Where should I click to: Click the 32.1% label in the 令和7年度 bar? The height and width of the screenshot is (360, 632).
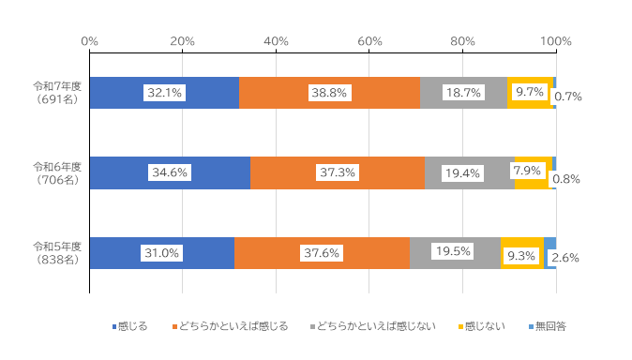[x=164, y=93]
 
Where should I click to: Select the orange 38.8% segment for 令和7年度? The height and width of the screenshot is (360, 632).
[x=281, y=93]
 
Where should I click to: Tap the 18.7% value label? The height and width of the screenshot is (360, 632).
[x=463, y=93]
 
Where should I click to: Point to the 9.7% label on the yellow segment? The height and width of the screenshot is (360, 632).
[x=530, y=92]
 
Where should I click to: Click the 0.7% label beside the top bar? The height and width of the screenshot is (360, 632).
[x=569, y=96]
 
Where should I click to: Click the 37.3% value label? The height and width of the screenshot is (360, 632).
[x=337, y=172]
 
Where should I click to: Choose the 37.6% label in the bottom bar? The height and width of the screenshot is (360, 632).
[x=322, y=253]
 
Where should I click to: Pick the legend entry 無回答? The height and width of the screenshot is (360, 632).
[x=547, y=326]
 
